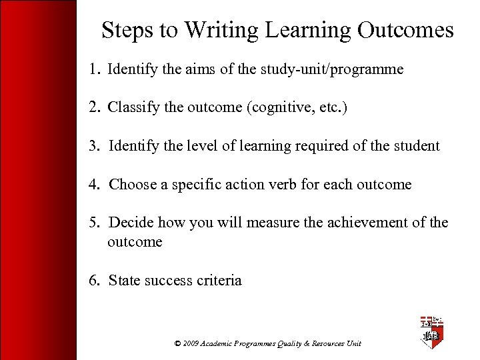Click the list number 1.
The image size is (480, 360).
(x=93, y=69)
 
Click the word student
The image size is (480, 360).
(x=416, y=146)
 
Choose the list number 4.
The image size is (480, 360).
(x=94, y=185)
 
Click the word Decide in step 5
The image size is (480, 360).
(x=132, y=223)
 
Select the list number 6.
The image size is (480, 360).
(x=94, y=281)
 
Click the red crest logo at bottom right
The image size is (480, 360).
(x=431, y=333)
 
